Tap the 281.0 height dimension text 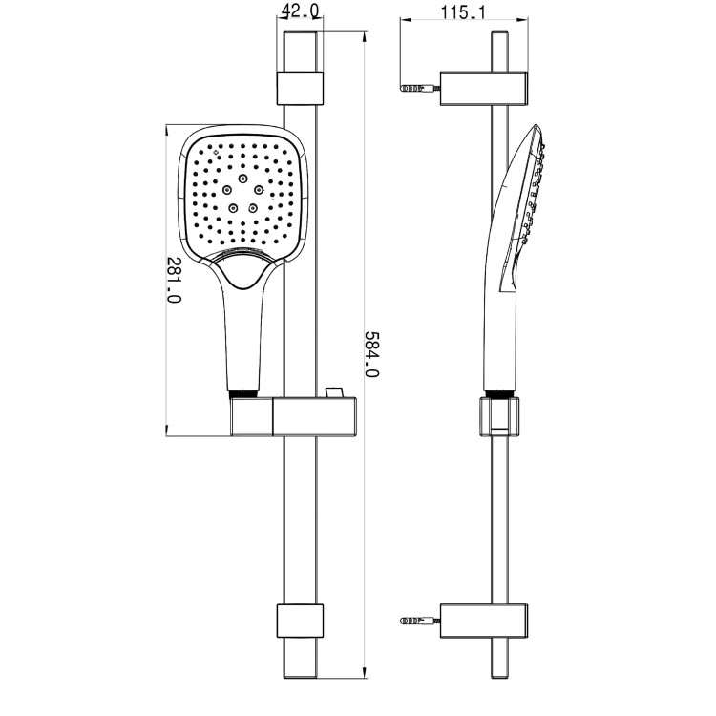[173, 279]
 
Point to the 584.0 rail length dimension [372, 354]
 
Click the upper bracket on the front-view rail [299, 87]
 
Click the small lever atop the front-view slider [332, 392]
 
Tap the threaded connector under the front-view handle [244, 392]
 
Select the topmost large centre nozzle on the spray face [244, 179]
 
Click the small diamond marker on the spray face [217, 150]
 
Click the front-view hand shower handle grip [244, 334]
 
